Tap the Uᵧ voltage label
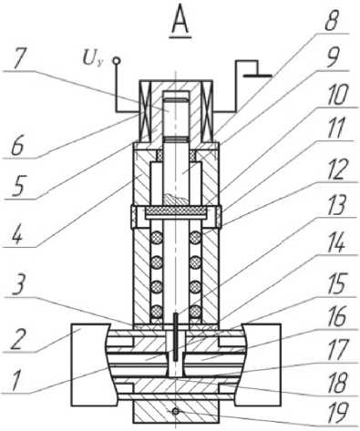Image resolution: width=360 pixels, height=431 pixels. (x=93, y=58)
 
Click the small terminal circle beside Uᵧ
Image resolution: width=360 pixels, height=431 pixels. (x=116, y=61)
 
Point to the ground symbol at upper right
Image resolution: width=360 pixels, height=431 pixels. (x=254, y=69)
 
